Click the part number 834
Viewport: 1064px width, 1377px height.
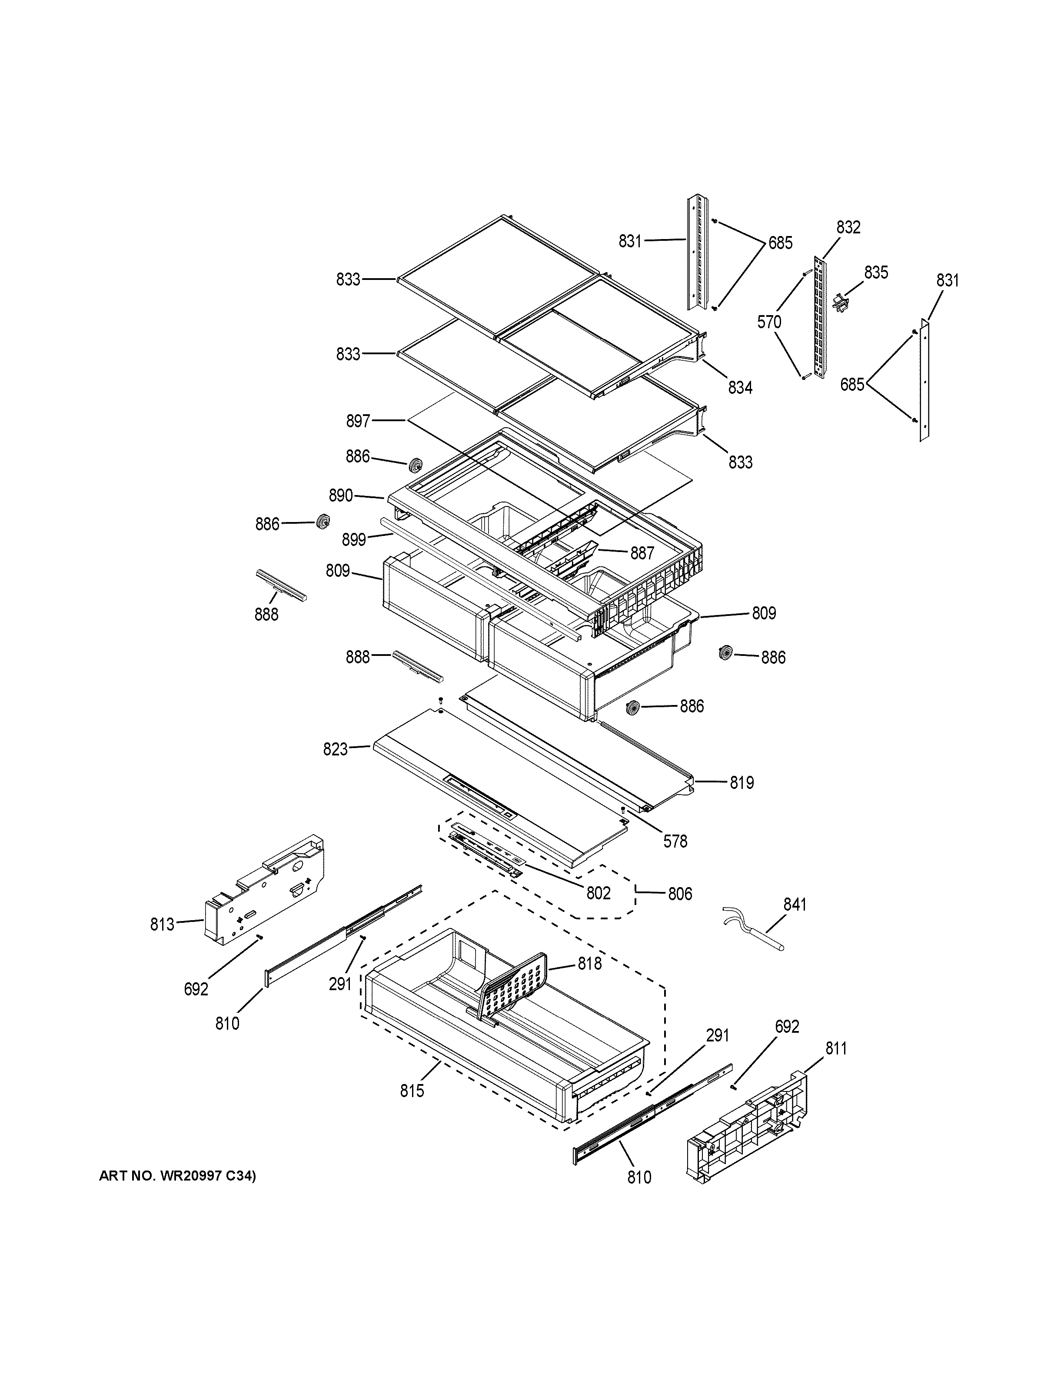(x=740, y=388)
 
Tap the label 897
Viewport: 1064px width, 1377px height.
(x=358, y=421)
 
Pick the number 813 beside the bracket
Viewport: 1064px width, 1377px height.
(x=162, y=925)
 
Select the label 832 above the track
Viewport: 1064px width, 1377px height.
(x=848, y=228)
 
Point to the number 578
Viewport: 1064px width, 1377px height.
(x=675, y=841)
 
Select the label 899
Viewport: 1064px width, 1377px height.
(x=354, y=540)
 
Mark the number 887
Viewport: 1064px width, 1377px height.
(x=642, y=553)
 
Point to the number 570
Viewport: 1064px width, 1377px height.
(x=769, y=322)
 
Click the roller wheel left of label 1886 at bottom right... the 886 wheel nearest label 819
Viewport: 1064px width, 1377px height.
(x=633, y=708)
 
